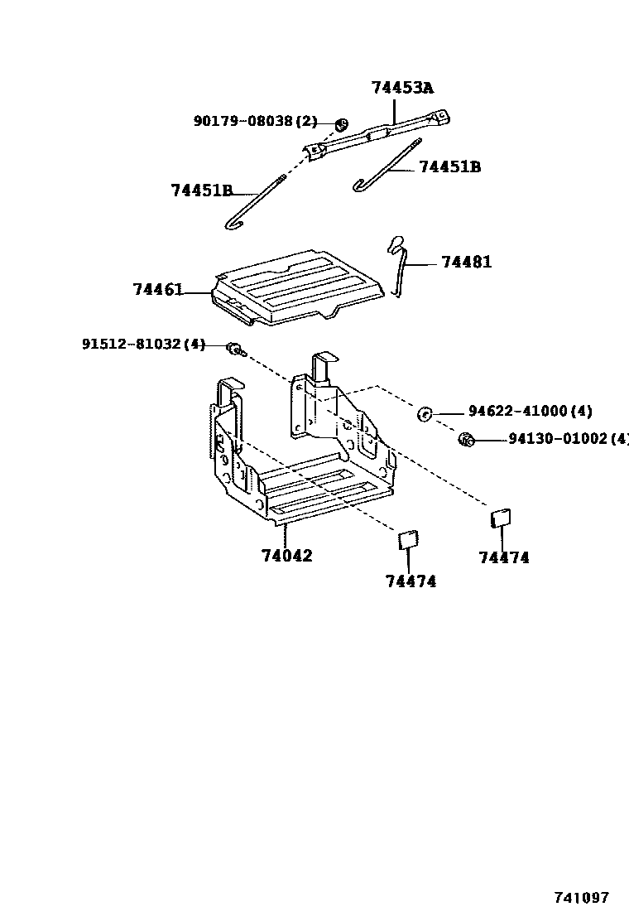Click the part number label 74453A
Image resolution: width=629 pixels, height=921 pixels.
pyautogui.click(x=403, y=88)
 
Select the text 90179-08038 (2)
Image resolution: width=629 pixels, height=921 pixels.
pyautogui.click(x=255, y=121)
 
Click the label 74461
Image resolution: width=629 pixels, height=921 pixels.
pyautogui.click(x=157, y=289)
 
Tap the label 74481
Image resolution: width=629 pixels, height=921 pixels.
pyautogui.click(x=466, y=262)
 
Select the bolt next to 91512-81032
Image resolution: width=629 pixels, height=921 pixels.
pyautogui.click(x=236, y=349)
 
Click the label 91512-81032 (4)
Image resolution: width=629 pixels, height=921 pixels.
pyautogui.click(x=142, y=344)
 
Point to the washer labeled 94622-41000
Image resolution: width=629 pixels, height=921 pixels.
pyautogui.click(x=425, y=413)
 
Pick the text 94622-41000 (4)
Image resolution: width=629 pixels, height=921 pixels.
pyautogui.click(x=530, y=411)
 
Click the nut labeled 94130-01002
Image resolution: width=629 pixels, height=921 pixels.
pyautogui.click(x=465, y=439)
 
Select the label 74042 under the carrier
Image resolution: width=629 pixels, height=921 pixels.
pyautogui.click(x=287, y=556)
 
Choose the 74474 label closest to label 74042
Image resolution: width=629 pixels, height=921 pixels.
pyautogui.click(x=411, y=581)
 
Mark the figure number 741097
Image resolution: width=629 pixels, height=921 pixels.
pyautogui.click(x=581, y=898)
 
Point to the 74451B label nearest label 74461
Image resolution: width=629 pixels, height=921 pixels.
pyautogui.click(x=202, y=190)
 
